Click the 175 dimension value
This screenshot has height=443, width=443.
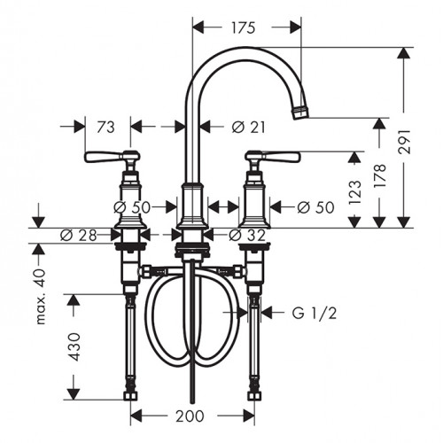click(x=243, y=27)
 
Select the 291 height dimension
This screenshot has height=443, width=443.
click(x=404, y=141)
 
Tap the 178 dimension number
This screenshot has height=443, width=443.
click(x=380, y=175)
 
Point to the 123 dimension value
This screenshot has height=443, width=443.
click(x=354, y=192)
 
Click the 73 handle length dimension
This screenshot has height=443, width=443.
click(x=105, y=128)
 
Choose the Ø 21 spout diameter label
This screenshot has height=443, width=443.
click(x=248, y=128)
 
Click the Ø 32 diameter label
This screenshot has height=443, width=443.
click(x=247, y=235)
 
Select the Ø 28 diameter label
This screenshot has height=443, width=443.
click(x=79, y=236)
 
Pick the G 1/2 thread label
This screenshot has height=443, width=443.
click(x=315, y=313)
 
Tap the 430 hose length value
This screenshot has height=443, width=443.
click(x=74, y=346)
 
